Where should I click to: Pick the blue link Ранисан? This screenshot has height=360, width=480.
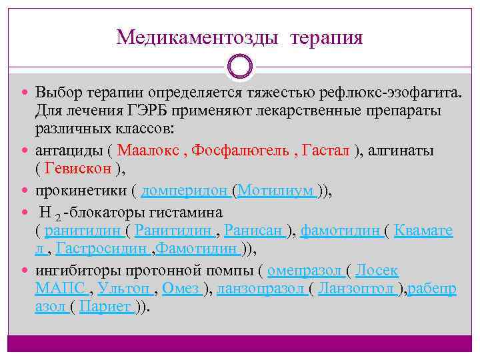pyautogui.click(x=253, y=231)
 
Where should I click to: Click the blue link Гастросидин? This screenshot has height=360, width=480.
pyautogui.click(x=101, y=249)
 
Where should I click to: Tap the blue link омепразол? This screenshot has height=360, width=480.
pyautogui.click(x=304, y=271)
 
